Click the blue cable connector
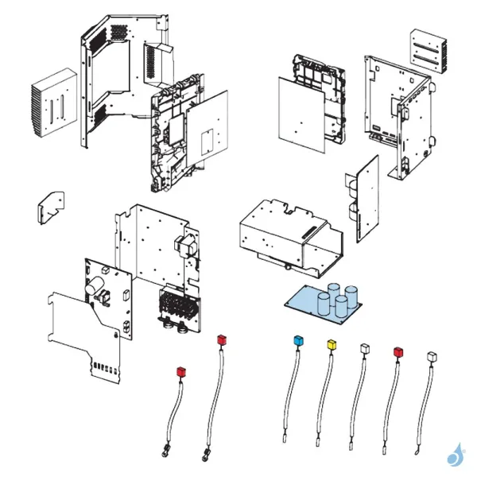(299, 341)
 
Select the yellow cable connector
(332, 344)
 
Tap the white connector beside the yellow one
(364, 348)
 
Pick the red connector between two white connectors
(397, 351)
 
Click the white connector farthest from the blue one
(431, 355)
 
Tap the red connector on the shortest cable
(180, 371)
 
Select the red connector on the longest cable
(222, 341)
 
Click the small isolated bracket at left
(51, 207)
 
